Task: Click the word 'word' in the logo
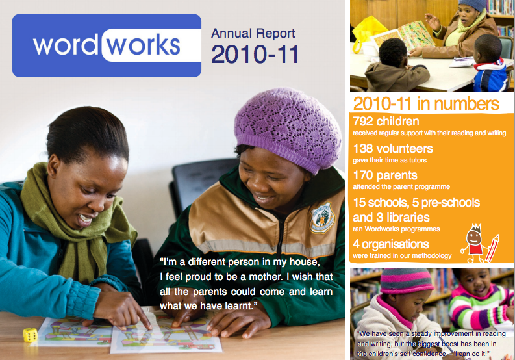pos(65,45)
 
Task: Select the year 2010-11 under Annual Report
pos(255,54)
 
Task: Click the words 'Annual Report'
pos(253,33)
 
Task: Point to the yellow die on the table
pos(30,335)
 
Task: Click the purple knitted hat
pos(288,128)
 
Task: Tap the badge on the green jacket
pos(323,218)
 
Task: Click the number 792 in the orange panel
pos(363,122)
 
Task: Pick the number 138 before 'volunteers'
pos(363,149)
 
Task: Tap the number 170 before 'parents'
pos(363,175)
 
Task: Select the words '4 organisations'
pos(391,244)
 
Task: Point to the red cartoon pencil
pos(492,248)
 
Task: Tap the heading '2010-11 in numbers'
pos(426,104)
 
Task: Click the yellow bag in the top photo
pos(368,31)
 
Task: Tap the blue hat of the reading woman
pos(472,5)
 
